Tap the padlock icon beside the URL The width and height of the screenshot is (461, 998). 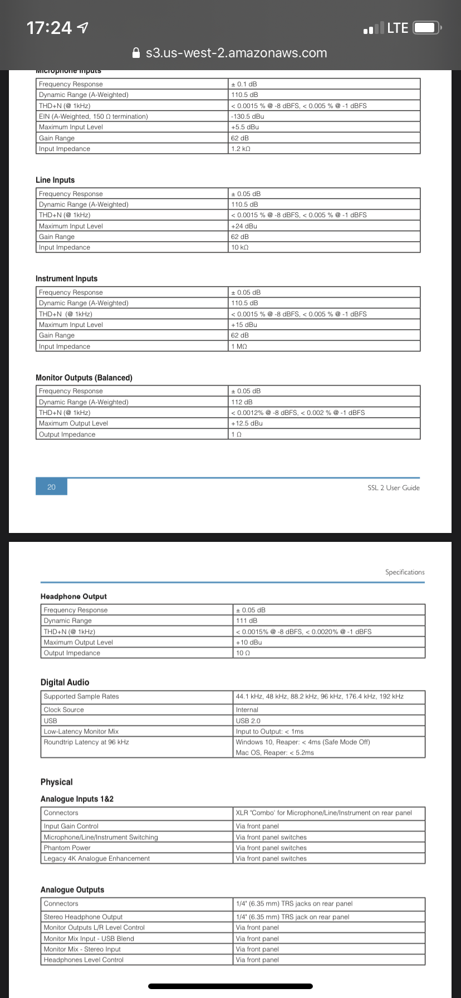[x=135, y=53]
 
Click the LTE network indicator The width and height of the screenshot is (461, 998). [x=398, y=28]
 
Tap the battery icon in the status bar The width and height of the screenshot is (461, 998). [x=427, y=28]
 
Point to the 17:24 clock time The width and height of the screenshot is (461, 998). [x=50, y=28]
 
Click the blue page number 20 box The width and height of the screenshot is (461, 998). [x=51, y=487]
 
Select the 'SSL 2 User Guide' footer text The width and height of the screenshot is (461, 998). [x=394, y=488]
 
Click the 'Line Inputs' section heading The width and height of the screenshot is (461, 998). [x=55, y=180]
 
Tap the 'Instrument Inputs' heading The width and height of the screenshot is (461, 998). [x=66, y=278]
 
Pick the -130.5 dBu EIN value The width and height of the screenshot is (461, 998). [x=248, y=116]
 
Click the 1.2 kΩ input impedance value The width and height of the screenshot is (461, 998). [x=241, y=149]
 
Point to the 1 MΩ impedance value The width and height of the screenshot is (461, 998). [x=239, y=346]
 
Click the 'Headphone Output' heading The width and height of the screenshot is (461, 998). [x=73, y=596]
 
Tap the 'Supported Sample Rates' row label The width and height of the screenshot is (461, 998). [x=81, y=697]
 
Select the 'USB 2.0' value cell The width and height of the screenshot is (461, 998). [x=248, y=721]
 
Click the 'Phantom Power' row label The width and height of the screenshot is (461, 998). [x=67, y=848]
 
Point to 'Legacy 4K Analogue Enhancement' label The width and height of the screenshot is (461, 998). [x=97, y=859]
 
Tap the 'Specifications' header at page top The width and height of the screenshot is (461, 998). [x=405, y=572]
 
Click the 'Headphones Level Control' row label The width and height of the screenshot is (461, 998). [x=84, y=960]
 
